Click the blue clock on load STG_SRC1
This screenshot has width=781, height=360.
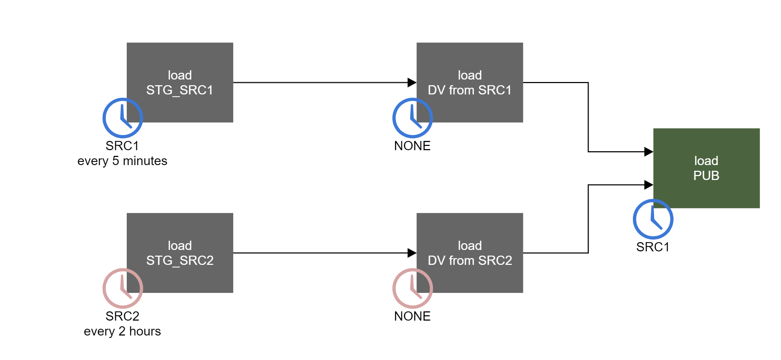click(x=122, y=118)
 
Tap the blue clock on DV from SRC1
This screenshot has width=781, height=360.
click(x=413, y=118)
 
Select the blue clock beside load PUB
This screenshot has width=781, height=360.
click(x=653, y=219)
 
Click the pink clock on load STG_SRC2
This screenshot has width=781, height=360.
click(x=122, y=288)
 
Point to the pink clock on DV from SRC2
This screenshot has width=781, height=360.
click(x=413, y=288)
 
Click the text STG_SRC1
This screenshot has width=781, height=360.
click(x=180, y=90)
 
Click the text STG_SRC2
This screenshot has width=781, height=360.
click(x=180, y=261)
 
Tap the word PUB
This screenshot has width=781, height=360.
click(x=706, y=176)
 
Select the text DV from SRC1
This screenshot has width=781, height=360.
click(x=469, y=90)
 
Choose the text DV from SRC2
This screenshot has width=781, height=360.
click(x=469, y=261)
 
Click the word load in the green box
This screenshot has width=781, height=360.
click(x=706, y=161)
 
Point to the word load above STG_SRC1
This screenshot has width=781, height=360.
click(x=180, y=75)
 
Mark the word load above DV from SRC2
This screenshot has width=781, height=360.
click(x=469, y=246)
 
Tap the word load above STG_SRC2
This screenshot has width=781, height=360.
click(x=180, y=246)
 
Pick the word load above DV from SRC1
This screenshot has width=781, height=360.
click(x=469, y=75)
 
